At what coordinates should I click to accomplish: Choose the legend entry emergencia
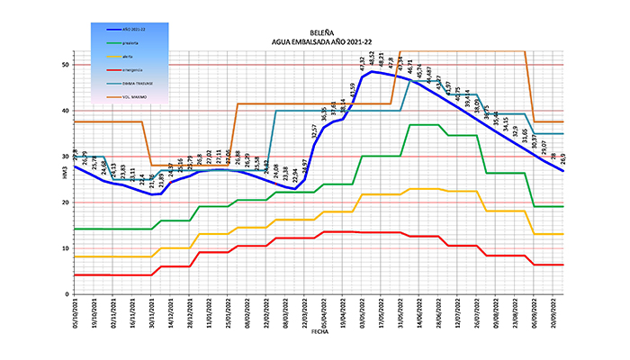pos(131,68)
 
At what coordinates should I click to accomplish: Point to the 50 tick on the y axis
pos(67,65)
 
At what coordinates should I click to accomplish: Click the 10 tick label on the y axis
pos(67,248)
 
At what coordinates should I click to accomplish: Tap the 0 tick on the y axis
pos(68,294)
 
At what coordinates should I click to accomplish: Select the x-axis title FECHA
pos(319,331)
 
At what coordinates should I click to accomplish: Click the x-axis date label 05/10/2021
pos(76,312)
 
